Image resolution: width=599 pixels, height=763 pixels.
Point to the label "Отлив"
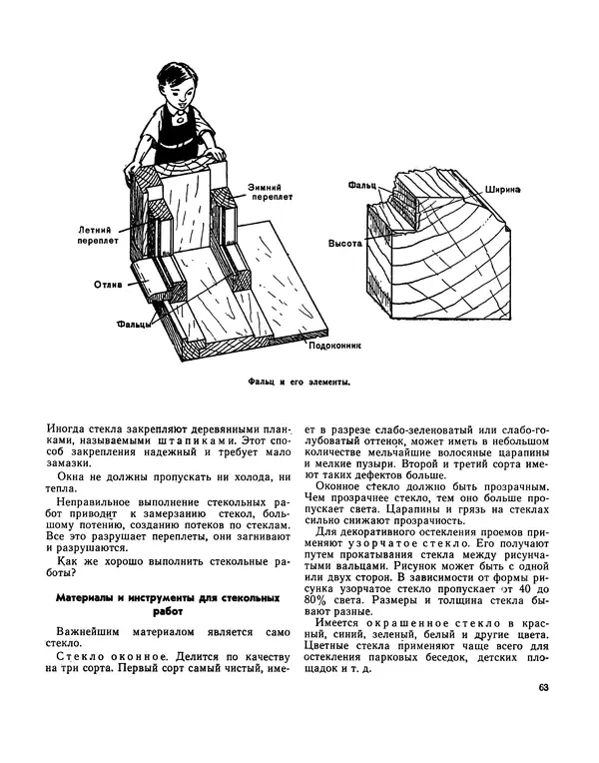tap(109, 284)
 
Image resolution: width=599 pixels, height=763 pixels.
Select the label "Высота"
tap(343, 243)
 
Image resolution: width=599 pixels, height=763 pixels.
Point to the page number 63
tap(543, 687)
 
